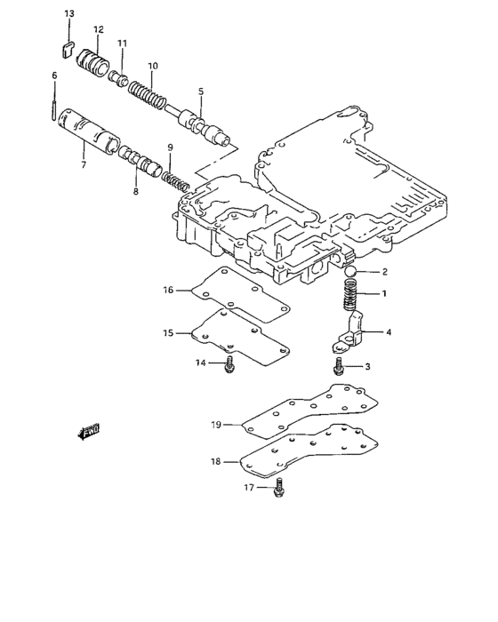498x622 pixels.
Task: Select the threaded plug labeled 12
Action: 93,64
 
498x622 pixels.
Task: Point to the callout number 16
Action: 167,289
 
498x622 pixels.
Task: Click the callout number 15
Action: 167,333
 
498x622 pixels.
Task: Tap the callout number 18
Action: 215,461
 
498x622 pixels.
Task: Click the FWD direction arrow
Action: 89,433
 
